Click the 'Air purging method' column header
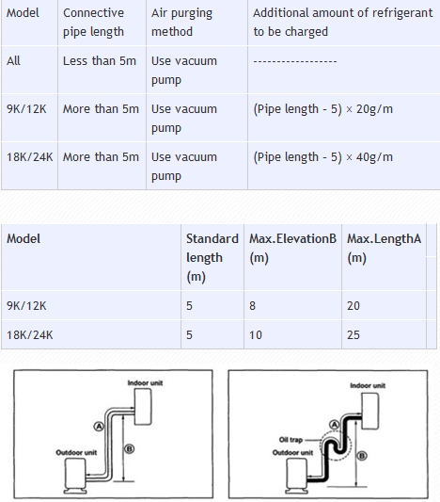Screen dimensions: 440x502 click(181, 23)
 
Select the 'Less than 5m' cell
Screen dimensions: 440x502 click(100, 61)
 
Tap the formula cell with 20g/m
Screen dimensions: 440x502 click(322, 109)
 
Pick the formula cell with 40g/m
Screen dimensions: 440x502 click(322, 157)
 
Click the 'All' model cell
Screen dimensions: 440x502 click(13, 61)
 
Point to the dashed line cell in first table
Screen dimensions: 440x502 click(295, 61)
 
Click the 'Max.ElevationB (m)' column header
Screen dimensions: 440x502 click(292, 248)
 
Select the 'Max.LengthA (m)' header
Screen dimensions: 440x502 click(385, 248)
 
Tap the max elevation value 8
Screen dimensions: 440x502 click(252, 306)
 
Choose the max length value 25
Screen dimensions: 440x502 click(354, 335)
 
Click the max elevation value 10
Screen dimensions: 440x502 click(256, 335)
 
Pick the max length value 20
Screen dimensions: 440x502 click(354, 306)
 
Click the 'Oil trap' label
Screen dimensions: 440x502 click(291, 440)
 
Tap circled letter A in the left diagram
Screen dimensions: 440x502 click(99, 427)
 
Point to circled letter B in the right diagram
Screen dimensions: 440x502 click(362, 456)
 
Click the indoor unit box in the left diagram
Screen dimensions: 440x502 click(143, 407)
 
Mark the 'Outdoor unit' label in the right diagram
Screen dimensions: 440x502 click(292, 453)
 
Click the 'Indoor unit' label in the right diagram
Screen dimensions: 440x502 click(368, 385)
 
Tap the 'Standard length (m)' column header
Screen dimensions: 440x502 click(212, 258)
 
